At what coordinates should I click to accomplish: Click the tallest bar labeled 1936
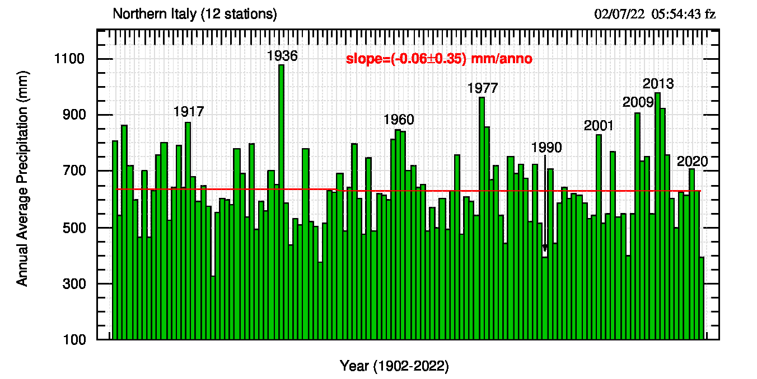(281, 201)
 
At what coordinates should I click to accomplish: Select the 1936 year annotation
(282, 56)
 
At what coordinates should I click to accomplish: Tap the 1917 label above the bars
(189, 112)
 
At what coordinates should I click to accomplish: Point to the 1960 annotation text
(399, 120)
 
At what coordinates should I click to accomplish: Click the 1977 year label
(483, 88)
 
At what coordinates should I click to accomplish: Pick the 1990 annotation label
(546, 148)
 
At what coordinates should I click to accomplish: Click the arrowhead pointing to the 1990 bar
(545, 248)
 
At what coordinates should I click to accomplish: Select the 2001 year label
(599, 126)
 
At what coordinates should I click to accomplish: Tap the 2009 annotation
(638, 102)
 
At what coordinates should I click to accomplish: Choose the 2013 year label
(658, 84)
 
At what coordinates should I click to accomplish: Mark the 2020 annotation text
(693, 162)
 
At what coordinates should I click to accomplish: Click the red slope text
(439, 59)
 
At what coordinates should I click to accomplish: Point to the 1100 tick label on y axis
(69, 59)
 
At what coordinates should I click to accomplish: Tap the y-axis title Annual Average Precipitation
(22, 178)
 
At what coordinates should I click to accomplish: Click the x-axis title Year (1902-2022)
(395, 366)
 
